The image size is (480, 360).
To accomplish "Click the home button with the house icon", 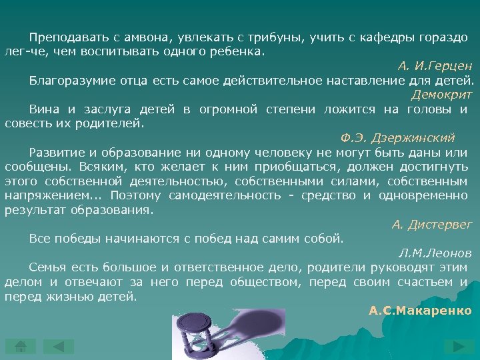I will [x=20, y=346].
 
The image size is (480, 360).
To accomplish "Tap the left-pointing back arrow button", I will [x=59, y=346].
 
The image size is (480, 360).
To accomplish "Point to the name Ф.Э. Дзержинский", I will [x=397, y=137].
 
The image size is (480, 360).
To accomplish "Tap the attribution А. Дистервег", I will [x=431, y=225].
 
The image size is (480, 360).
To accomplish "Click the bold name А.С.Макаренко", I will [x=420, y=311].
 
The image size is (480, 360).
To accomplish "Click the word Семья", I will [x=47, y=267].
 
